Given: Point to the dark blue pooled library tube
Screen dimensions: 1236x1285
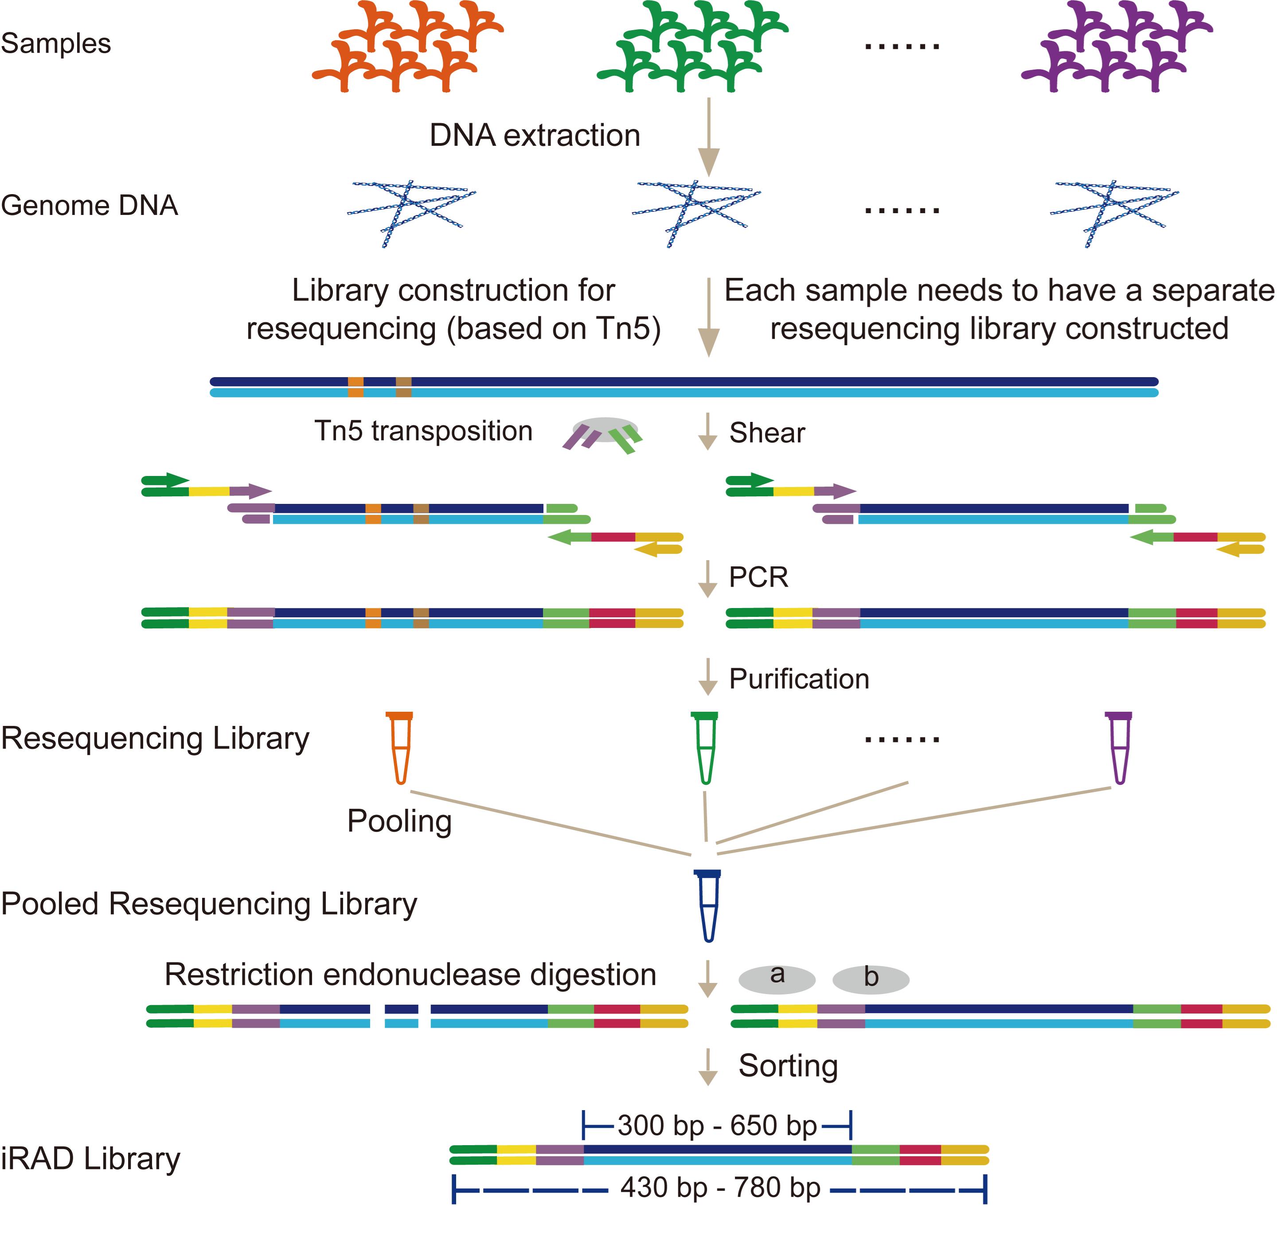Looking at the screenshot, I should (708, 906).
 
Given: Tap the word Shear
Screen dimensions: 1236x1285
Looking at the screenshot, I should (767, 433).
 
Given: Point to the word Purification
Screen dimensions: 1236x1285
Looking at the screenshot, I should (799, 679).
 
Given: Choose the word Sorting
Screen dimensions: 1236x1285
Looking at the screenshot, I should (788, 1066).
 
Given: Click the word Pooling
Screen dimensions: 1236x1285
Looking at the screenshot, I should (399, 821).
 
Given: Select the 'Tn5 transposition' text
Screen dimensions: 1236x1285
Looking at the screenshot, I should (423, 431).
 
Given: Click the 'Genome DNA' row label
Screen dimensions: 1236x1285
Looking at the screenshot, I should (89, 206).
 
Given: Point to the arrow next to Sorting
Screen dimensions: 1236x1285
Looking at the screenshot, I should (707, 1067).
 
